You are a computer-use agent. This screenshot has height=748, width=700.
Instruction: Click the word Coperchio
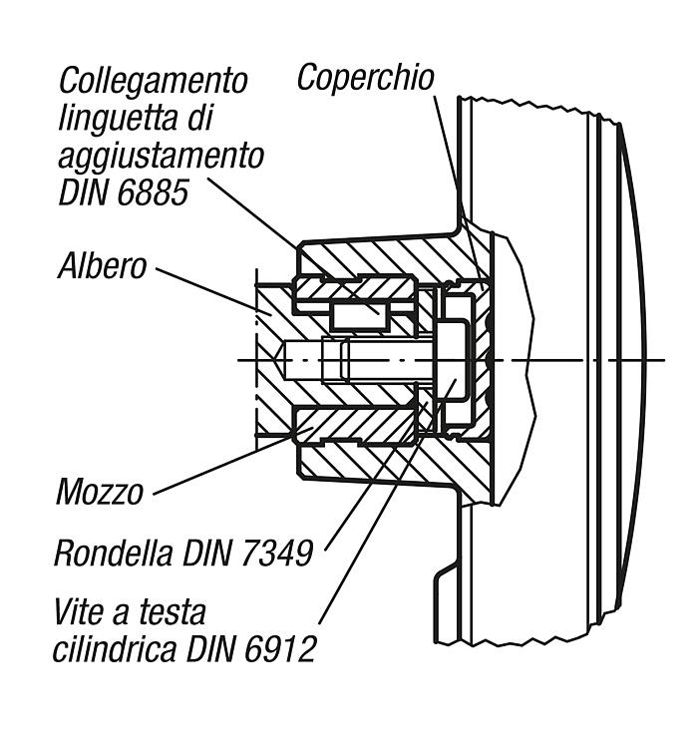point(365,78)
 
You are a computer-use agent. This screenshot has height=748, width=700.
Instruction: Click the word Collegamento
point(154,81)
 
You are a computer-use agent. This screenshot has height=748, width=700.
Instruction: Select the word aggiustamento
point(162,156)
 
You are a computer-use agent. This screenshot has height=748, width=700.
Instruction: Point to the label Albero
point(102,266)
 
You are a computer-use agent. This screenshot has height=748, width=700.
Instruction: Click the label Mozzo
point(99,493)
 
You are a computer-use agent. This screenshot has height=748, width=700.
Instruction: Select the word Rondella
point(114,553)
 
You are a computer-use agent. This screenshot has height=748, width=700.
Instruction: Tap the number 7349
point(277,553)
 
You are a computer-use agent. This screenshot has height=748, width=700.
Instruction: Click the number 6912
point(280,649)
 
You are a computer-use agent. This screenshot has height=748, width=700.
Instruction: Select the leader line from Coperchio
point(459,191)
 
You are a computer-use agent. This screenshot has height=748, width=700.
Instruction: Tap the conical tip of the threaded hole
point(279,360)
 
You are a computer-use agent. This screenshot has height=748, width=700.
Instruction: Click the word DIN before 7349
point(207,553)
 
